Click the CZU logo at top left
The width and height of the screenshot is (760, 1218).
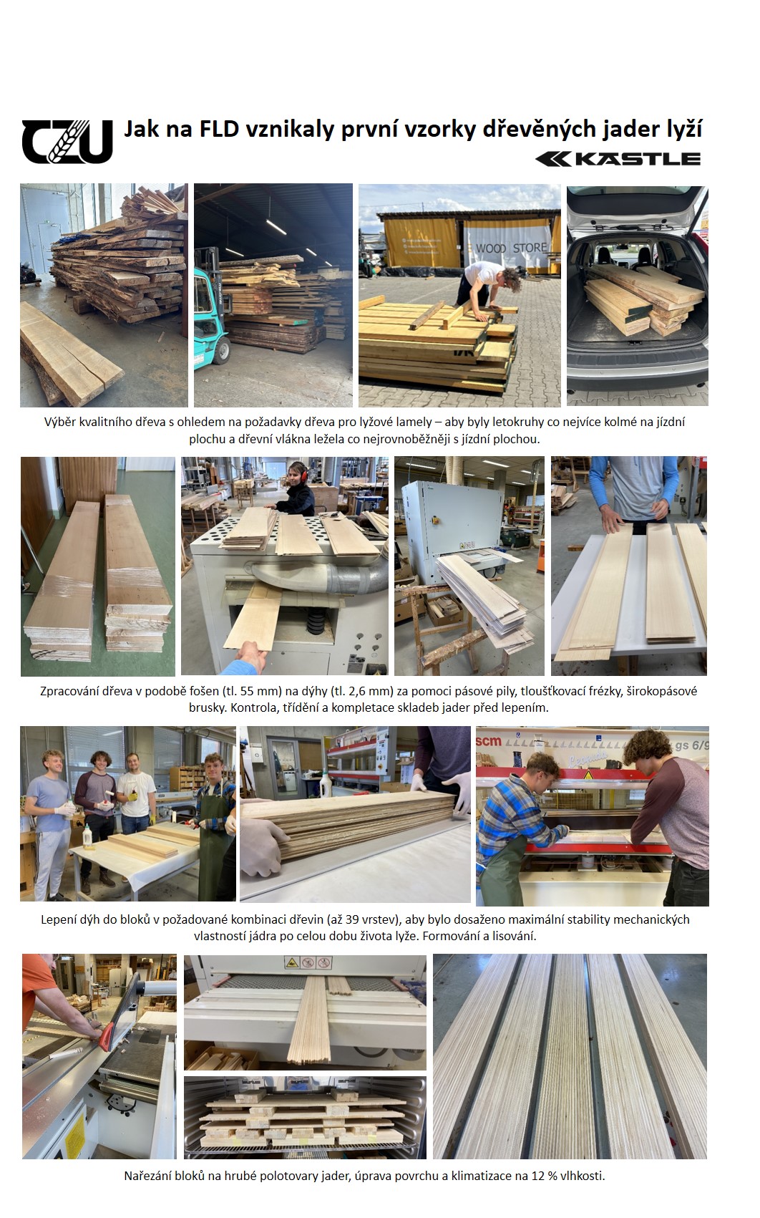(67, 141)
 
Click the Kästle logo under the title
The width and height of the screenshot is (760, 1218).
(618, 159)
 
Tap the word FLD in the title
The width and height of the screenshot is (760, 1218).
(219, 130)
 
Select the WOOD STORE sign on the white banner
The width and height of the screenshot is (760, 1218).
(511, 248)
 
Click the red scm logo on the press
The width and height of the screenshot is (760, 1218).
(488, 741)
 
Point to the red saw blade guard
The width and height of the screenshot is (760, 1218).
(107, 1037)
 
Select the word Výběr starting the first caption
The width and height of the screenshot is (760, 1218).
(60, 422)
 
